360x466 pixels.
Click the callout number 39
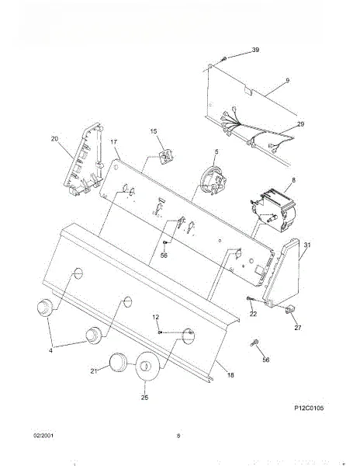(x=255, y=50)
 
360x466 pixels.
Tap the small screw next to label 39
(x=224, y=59)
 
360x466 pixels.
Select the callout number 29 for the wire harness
(x=300, y=124)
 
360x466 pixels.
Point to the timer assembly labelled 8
(x=273, y=210)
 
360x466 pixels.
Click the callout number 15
(x=154, y=131)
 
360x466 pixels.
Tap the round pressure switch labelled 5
(x=213, y=181)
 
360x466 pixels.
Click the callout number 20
(x=54, y=138)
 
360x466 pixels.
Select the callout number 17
(x=114, y=142)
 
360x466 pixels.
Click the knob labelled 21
(x=118, y=362)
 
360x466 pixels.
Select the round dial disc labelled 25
(x=147, y=366)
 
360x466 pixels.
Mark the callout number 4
(x=50, y=351)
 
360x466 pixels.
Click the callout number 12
(x=155, y=318)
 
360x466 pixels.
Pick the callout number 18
(x=230, y=375)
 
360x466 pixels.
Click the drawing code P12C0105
(x=309, y=408)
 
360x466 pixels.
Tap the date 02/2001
(x=43, y=436)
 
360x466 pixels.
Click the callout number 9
(x=287, y=80)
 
